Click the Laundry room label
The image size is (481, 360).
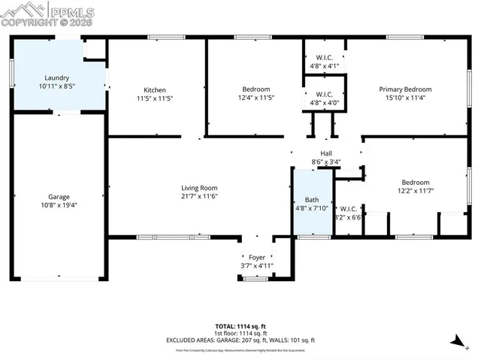click(x=57, y=77)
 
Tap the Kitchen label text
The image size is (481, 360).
click(x=155, y=89)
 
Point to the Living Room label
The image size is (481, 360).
click(x=198, y=188)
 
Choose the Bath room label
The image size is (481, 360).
click(x=310, y=199)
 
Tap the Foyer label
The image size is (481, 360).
click(x=257, y=257)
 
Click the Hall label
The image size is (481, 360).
click(x=326, y=153)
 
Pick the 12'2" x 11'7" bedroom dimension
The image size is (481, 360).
click(x=415, y=191)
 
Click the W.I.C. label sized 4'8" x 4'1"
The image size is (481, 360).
click(x=325, y=57)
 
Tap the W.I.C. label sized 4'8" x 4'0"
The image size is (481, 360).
click(x=325, y=94)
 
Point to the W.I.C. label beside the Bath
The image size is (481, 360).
click(x=349, y=208)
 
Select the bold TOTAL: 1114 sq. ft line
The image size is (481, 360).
click(x=240, y=325)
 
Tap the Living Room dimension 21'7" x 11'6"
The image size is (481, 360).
click(x=198, y=197)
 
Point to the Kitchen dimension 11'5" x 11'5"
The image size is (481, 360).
click(x=155, y=98)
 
